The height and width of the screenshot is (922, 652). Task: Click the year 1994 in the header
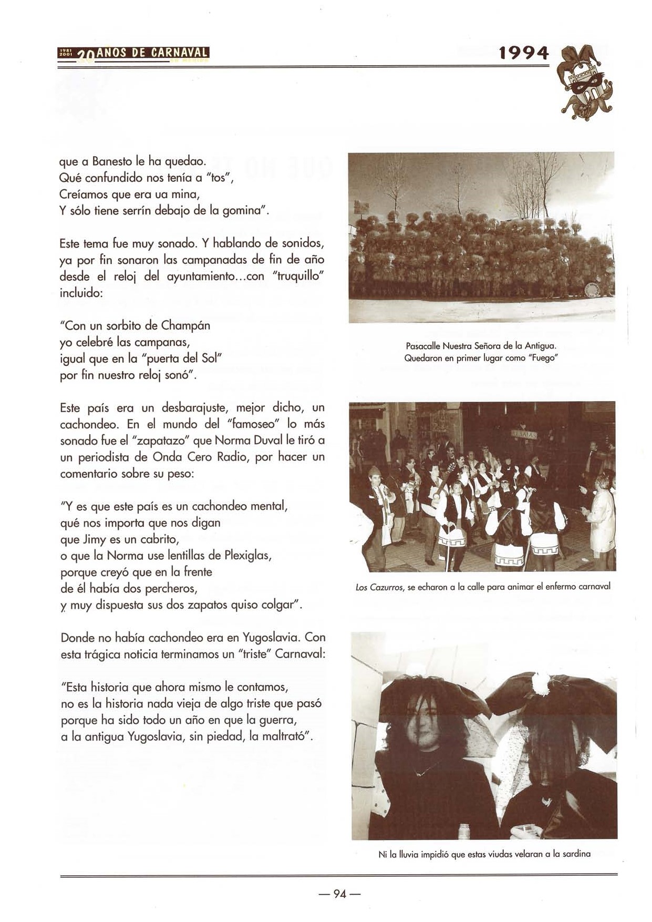523,53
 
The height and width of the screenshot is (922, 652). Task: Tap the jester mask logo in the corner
585,83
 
